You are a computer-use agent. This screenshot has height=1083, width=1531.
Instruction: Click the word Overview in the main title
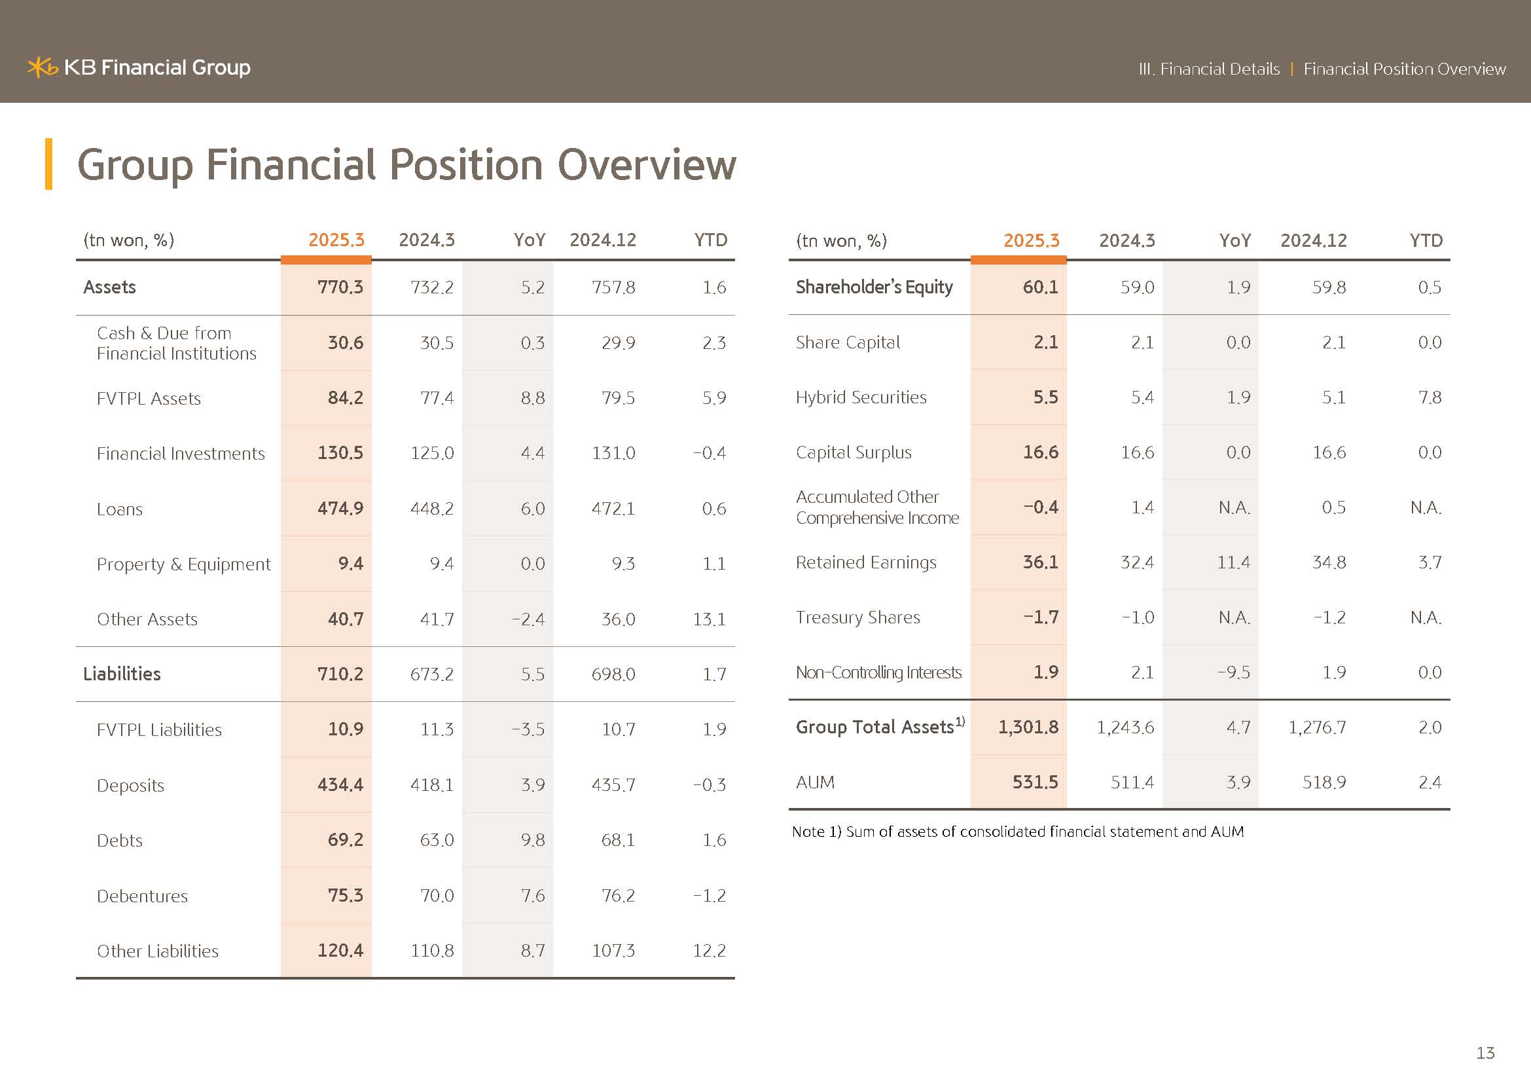pos(646,165)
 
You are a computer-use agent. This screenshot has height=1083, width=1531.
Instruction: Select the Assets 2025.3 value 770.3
pos(340,287)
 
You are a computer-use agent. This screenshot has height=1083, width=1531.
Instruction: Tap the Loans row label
pos(120,509)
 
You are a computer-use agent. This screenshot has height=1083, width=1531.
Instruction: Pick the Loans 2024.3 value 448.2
pos(431,509)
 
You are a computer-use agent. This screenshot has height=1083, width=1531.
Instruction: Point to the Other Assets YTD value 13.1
pos(709,619)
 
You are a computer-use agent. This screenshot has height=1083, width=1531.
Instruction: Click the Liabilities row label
pos(122,674)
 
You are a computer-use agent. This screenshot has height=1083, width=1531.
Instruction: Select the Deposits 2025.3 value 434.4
pos(340,785)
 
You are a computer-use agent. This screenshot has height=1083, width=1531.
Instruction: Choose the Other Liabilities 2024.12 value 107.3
pos(613,951)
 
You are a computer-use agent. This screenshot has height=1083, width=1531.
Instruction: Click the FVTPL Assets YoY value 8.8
pos(532,398)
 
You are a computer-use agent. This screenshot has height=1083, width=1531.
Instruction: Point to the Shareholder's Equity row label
pos(874,287)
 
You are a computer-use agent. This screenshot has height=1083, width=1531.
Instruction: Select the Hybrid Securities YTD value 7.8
pos(1430,397)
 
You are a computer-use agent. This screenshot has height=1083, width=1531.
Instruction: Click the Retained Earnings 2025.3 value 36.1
pos(1040,562)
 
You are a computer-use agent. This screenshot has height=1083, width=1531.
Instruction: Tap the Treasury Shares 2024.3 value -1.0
pos(1138,617)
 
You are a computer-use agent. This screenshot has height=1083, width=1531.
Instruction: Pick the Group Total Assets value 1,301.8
pos(1028,727)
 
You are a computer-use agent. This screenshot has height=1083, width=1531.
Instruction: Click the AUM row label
pos(815,782)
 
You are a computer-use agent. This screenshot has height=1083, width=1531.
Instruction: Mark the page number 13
pos(1485,1053)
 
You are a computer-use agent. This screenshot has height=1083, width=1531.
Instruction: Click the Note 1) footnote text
pos(1018,832)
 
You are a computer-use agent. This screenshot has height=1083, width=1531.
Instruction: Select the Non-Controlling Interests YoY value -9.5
pos(1234,672)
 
